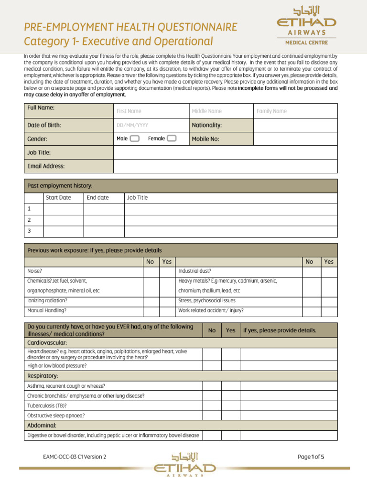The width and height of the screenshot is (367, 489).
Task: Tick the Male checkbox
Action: [134, 138]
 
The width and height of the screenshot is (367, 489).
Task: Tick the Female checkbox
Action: [172, 138]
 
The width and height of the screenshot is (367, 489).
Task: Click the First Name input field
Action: [151, 111]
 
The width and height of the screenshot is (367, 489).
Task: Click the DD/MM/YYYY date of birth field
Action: [151, 125]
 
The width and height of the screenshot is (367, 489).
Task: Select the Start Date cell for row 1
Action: [64, 209]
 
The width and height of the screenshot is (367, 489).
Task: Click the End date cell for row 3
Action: [104, 231]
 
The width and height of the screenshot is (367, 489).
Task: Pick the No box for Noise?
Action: [151, 271]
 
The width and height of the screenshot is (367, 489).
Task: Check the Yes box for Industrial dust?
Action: [329, 271]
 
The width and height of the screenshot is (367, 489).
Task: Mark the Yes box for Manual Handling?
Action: [166, 310]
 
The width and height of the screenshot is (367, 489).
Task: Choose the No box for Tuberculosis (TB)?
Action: [212, 406]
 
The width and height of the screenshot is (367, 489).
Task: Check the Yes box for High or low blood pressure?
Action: [230, 366]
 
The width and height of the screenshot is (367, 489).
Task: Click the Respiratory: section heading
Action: [43, 376]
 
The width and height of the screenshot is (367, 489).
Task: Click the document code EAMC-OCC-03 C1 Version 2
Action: [75, 457]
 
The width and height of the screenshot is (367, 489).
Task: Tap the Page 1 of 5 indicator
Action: [311, 457]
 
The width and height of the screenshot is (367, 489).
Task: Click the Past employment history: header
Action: [60, 186]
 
